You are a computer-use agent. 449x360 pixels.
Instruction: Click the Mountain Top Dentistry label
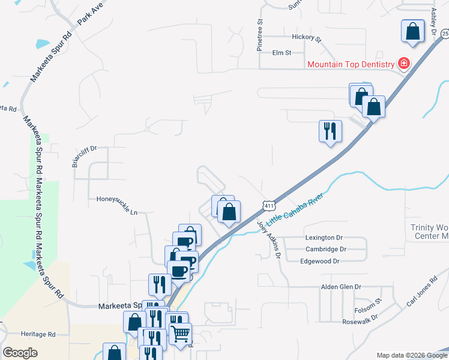(x=351, y=64)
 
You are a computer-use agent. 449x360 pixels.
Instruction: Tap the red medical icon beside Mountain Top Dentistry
(x=404, y=64)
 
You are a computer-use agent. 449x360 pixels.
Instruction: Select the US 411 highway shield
(x=268, y=205)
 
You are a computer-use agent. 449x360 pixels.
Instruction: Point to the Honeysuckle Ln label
(x=117, y=197)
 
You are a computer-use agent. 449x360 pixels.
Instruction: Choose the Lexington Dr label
(x=323, y=238)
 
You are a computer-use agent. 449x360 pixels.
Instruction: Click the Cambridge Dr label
(x=326, y=249)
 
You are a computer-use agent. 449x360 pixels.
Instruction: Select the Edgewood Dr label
(x=320, y=261)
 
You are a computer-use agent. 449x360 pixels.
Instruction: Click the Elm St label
(x=282, y=53)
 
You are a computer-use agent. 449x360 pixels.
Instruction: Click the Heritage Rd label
(x=38, y=334)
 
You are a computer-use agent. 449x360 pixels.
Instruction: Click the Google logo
(x=20, y=353)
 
